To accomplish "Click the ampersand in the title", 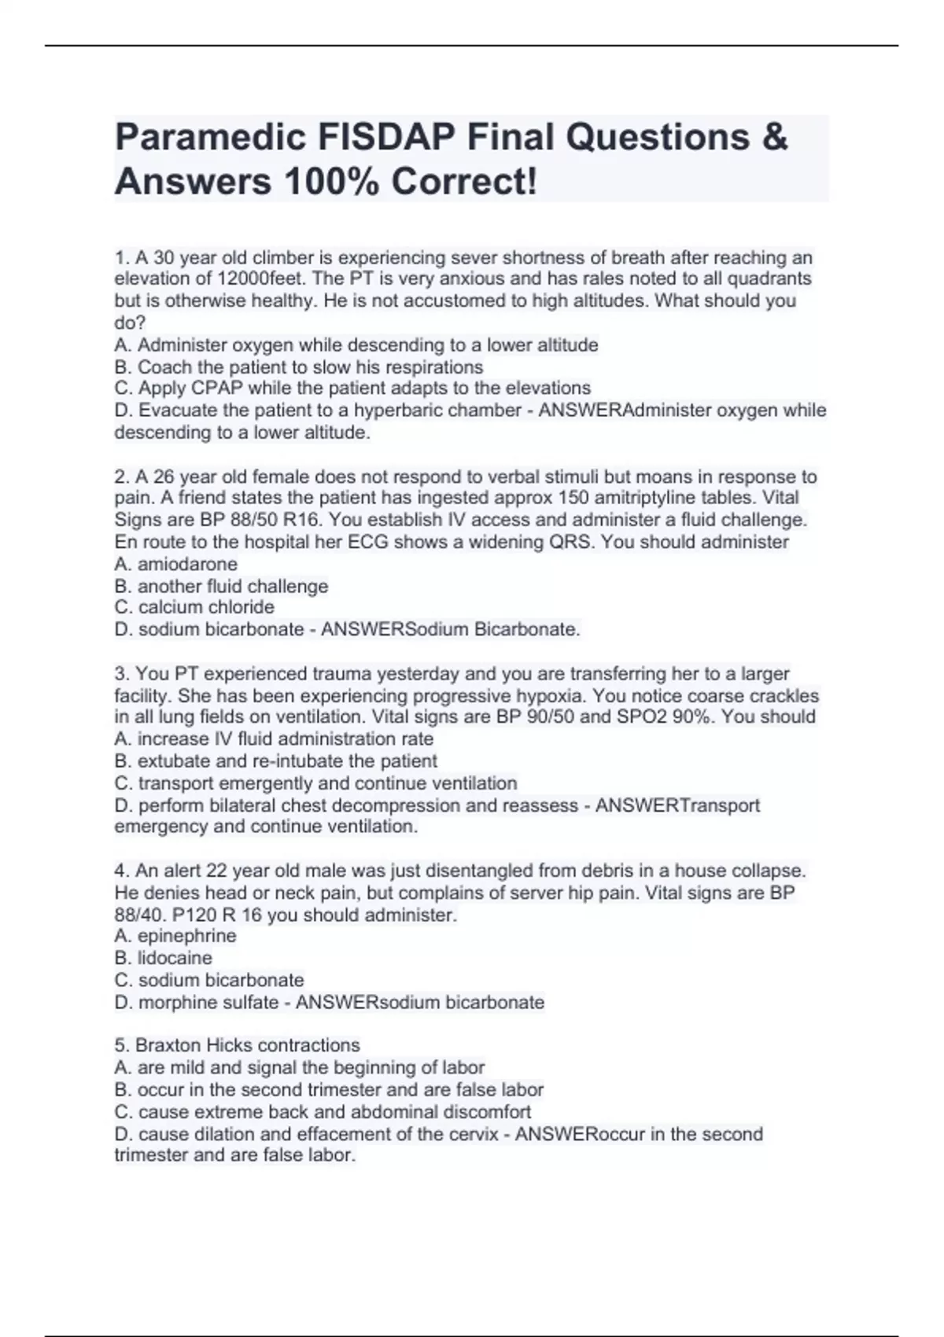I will point(774,138).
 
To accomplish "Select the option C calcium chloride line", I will point(194,607).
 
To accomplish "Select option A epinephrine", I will point(175,936).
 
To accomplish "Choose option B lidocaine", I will point(164,958).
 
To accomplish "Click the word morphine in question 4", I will point(169,1003).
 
